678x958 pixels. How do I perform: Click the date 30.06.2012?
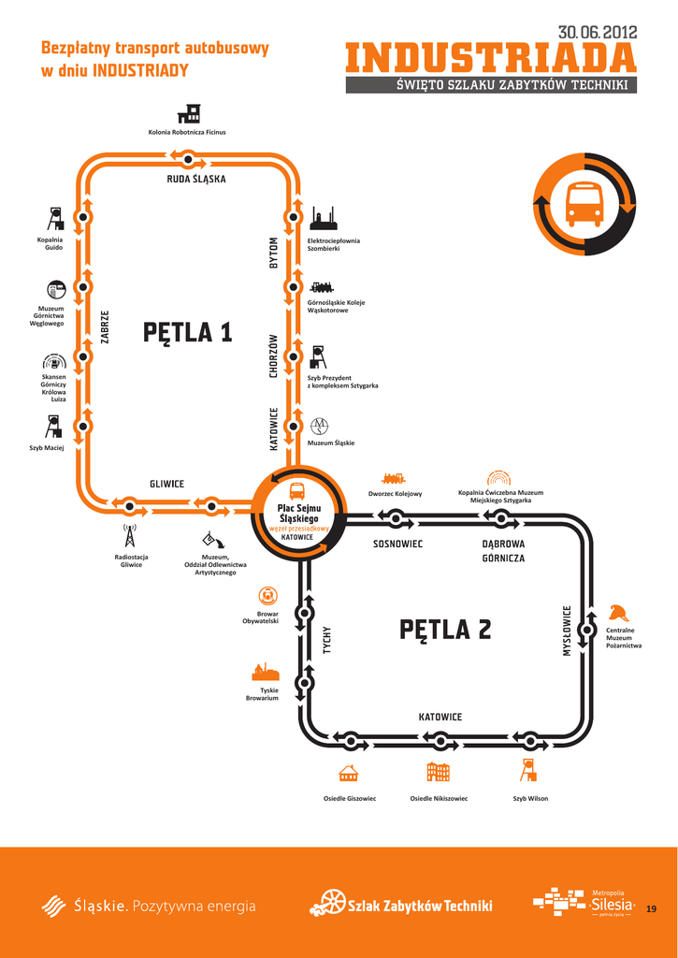click(x=598, y=33)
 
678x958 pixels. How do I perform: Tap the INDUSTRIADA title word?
click(x=491, y=60)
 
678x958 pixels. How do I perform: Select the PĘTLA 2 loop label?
click(x=445, y=630)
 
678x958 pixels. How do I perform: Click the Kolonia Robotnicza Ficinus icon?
click(x=188, y=113)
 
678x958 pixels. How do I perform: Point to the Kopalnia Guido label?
click(x=50, y=243)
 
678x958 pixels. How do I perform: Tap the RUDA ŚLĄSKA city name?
click(x=196, y=179)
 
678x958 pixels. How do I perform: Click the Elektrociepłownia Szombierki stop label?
click(x=333, y=244)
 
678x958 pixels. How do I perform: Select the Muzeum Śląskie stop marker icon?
click(x=320, y=426)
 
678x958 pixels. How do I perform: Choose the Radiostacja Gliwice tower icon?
click(x=129, y=537)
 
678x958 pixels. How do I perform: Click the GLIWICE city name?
click(x=167, y=484)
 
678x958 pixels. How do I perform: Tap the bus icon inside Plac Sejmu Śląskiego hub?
click(x=297, y=491)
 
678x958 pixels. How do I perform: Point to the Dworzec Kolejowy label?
click(x=395, y=493)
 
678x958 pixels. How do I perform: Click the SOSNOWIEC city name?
click(x=398, y=544)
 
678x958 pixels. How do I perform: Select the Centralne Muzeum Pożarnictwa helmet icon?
click(x=618, y=613)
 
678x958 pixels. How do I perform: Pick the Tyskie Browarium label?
click(x=262, y=694)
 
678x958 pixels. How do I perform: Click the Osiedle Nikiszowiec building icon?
click(x=438, y=772)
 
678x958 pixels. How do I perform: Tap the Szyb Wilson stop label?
click(x=530, y=798)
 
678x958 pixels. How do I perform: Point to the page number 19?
click(x=652, y=907)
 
